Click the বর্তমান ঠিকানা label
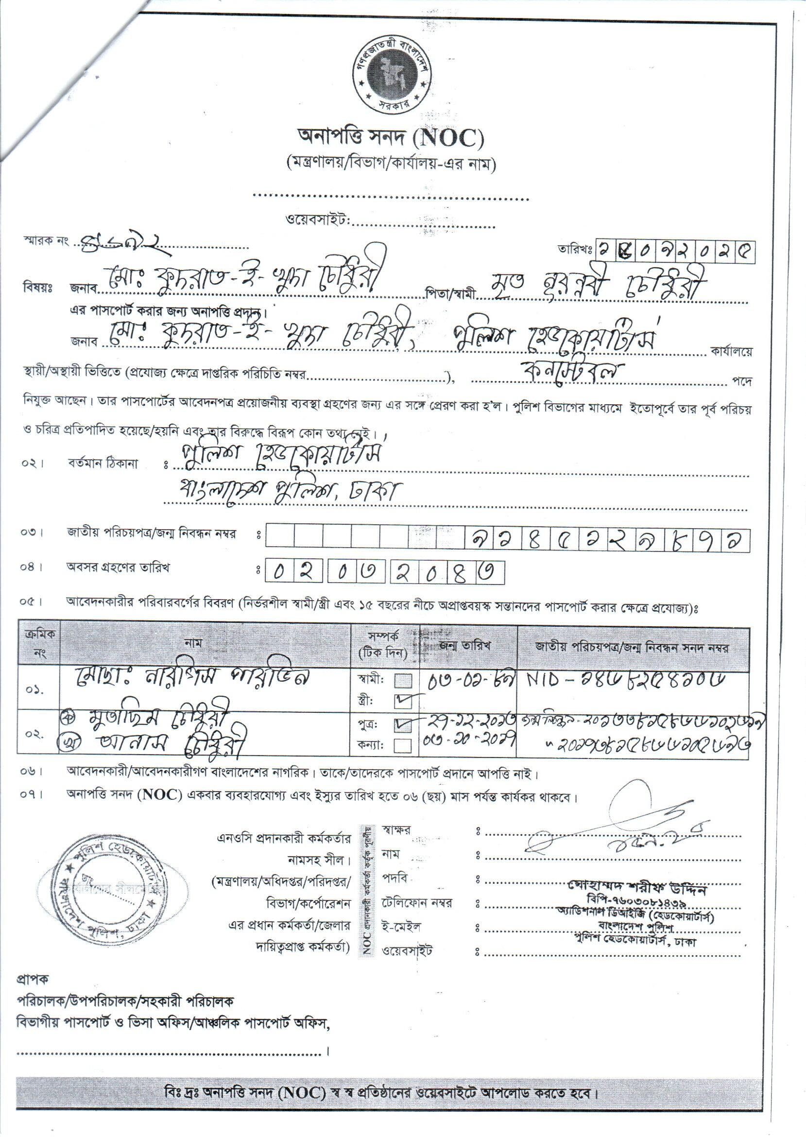(x=103, y=464)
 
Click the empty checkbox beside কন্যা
(x=404, y=745)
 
